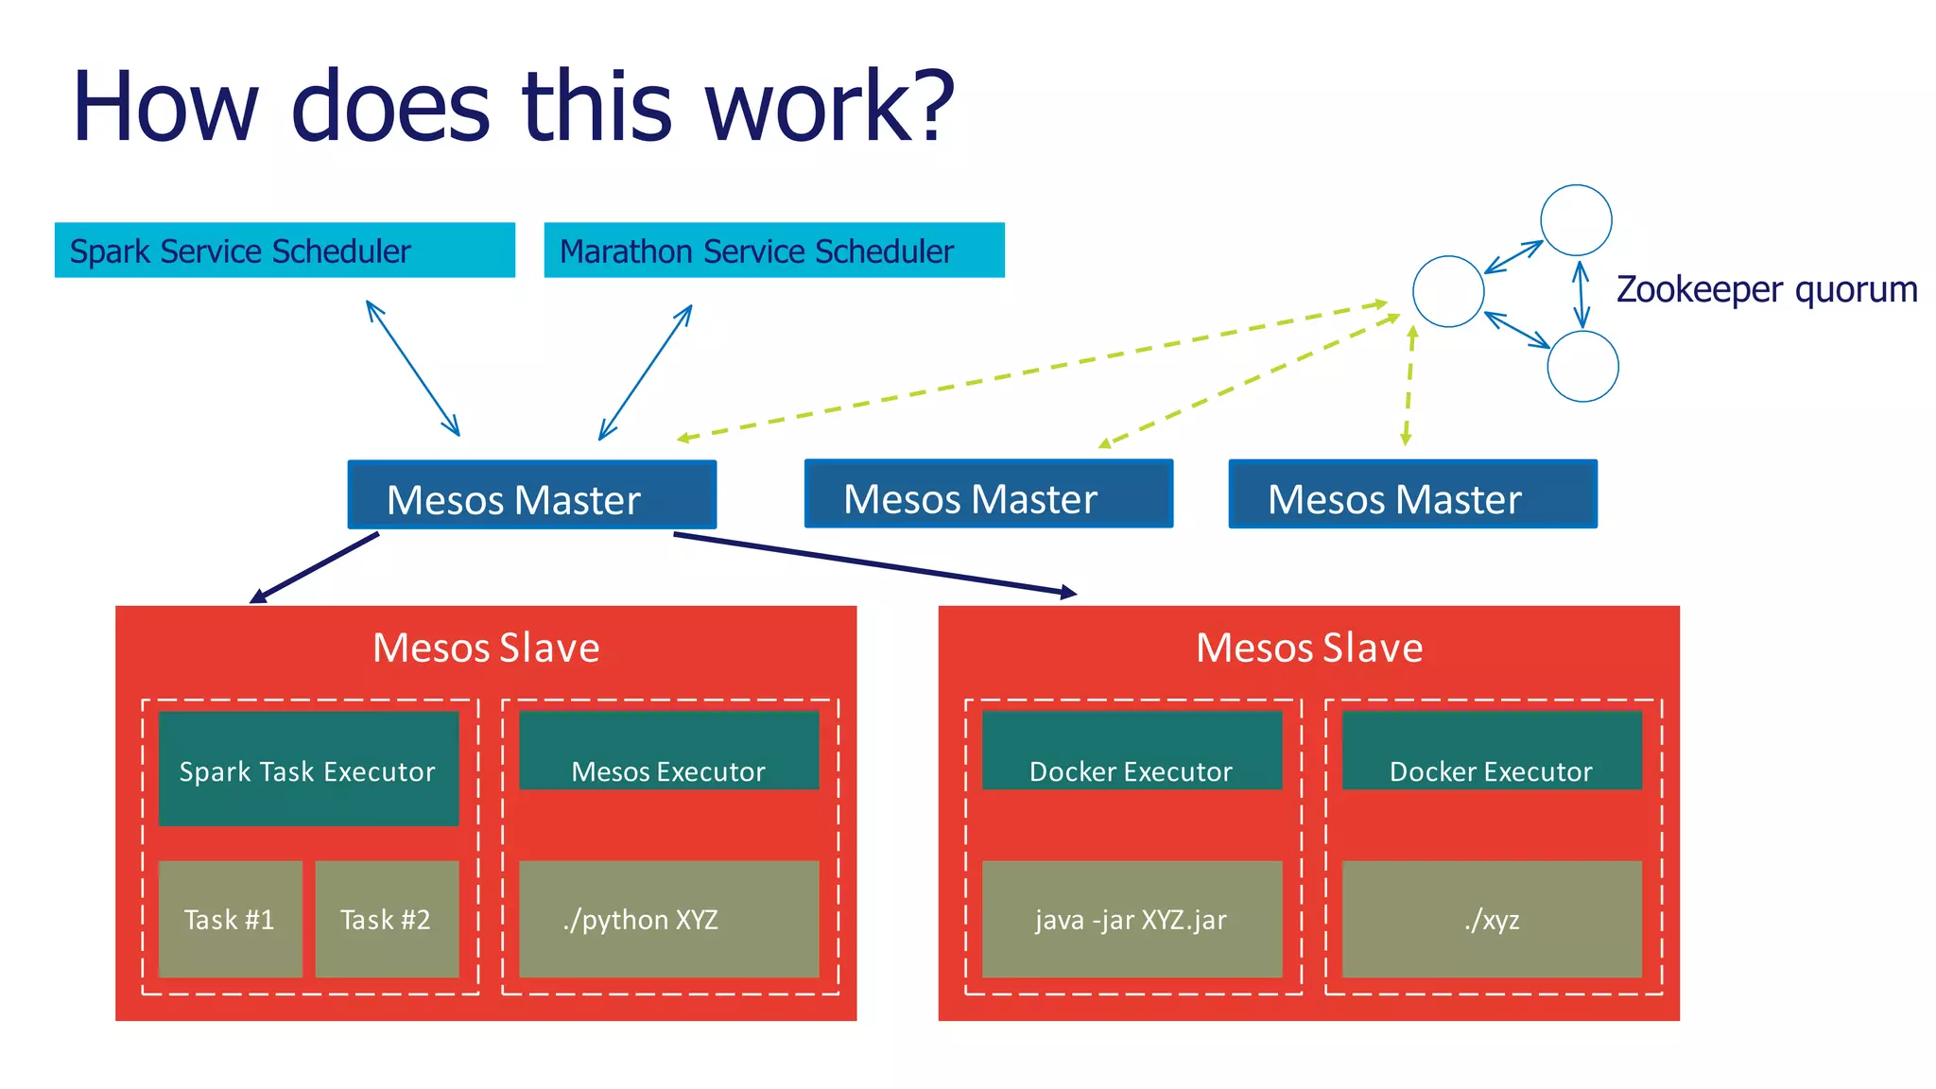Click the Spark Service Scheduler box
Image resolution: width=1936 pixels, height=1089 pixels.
click(285, 251)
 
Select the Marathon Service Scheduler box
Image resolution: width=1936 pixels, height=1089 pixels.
click(773, 251)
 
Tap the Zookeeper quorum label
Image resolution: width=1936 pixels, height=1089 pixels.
click(1766, 289)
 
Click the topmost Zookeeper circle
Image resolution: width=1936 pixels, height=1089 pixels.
click(1576, 220)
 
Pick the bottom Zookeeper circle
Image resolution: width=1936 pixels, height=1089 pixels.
click(1582, 366)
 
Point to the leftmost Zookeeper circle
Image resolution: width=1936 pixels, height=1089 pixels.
click(1448, 291)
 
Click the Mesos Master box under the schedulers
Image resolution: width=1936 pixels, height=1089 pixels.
click(531, 495)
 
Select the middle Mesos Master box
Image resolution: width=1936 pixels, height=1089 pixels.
click(988, 494)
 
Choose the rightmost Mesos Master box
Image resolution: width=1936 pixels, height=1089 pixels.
click(1412, 494)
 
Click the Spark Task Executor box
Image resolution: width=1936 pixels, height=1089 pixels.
click(308, 769)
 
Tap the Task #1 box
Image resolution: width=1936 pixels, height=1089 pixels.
click(230, 919)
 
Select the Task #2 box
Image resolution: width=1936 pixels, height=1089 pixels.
click(386, 919)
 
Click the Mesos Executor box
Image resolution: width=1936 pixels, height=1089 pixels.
click(668, 752)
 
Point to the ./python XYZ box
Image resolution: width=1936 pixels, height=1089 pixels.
click(668, 919)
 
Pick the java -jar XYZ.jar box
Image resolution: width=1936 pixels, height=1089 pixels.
click(1132, 919)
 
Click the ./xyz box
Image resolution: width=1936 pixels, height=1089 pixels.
click(1492, 919)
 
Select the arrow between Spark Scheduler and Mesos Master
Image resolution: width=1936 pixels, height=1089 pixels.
click(413, 369)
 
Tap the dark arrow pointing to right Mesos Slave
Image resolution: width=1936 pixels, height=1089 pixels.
click(874, 564)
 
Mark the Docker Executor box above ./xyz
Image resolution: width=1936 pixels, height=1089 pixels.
click(1492, 752)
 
